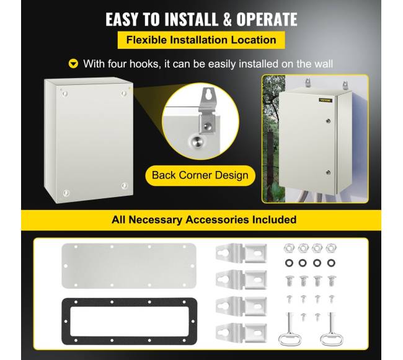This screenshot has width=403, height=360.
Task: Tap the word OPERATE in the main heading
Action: (x=267, y=19)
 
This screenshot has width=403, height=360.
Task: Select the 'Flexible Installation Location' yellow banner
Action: (x=201, y=40)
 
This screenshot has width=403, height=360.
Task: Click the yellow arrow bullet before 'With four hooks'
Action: (x=74, y=64)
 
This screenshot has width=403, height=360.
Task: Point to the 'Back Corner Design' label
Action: (x=200, y=175)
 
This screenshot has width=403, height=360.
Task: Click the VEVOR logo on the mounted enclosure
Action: (x=325, y=100)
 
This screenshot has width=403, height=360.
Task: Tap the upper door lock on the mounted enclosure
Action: (x=328, y=121)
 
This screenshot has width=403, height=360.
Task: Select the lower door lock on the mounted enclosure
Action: (x=328, y=172)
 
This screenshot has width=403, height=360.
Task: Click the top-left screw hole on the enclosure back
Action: (x=64, y=94)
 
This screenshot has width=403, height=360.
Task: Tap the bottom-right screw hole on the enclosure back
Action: (x=125, y=185)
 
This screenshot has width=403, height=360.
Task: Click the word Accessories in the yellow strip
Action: (x=217, y=220)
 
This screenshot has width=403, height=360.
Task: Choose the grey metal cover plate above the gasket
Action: (x=129, y=266)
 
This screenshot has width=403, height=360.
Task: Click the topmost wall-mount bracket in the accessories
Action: (x=241, y=253)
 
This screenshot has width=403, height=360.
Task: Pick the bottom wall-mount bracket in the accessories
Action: (x=241, y=333)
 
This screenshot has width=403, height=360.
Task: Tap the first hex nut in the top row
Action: (x=289, y=248)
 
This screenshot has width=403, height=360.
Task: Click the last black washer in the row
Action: (x=331, y=263)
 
